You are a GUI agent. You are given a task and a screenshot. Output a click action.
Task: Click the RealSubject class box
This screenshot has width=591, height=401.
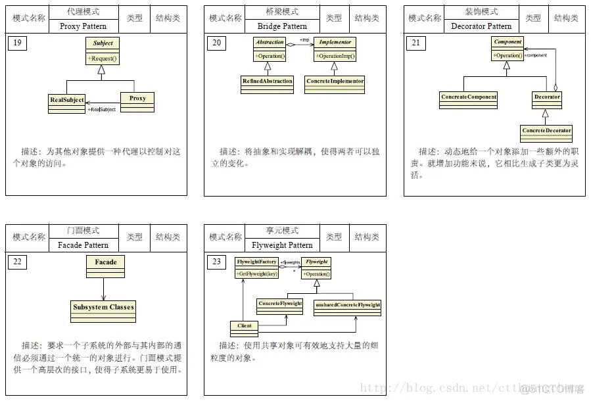coord(67,100)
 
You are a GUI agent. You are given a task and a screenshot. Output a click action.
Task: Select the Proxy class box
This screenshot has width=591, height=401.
coord(137,99)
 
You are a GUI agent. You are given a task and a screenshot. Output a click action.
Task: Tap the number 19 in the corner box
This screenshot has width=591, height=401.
coord(18,44)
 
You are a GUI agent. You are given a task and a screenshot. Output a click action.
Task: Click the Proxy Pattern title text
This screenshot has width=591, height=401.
coord(83,26)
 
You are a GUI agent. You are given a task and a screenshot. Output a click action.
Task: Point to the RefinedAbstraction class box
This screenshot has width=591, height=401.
coord(267,81)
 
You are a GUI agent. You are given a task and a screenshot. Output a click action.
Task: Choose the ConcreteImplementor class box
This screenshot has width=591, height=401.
coord(335,81)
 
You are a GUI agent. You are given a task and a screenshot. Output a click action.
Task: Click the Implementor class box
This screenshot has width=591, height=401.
coord(335,49)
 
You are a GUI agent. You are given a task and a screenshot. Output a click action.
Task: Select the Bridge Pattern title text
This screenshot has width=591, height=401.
coord(282,26)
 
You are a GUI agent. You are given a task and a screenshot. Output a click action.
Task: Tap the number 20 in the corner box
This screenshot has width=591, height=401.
coord(216,44)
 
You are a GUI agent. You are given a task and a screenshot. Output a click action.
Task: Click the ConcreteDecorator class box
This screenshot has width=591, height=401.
coord(546,130)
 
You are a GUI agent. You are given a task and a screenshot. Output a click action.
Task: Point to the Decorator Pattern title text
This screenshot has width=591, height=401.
coord(481,26)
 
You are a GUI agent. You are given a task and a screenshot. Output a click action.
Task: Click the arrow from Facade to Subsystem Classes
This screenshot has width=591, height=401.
coord(104,288)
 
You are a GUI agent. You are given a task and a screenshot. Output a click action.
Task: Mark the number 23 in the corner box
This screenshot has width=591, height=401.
coord(216,262)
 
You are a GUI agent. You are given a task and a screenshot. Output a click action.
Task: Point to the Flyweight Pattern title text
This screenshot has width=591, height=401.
coord(282,245)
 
